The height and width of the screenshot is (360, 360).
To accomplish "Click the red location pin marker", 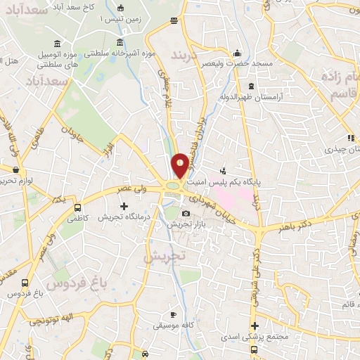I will [x=180, y=165].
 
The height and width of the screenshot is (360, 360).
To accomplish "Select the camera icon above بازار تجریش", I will [x=186, y=213].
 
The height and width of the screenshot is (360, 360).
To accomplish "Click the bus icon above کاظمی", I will [x=77, y=208].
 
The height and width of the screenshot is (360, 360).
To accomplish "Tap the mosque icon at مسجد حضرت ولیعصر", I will [x=238, y=53].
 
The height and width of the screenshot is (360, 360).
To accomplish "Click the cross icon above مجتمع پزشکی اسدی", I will [x=255, y=326].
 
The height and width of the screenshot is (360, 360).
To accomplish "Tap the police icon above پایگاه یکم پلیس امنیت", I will [x=223, y=169].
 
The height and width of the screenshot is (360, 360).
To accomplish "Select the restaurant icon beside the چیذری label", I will [x=349, y=138].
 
